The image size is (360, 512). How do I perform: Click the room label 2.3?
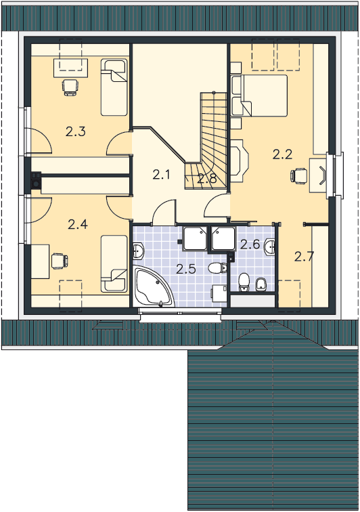(75, 131)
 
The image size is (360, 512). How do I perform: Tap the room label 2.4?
(78, 224)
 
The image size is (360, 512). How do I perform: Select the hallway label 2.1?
(161, 175)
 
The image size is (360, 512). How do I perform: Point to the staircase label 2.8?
(207, 179)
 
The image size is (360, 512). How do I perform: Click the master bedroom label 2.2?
(282, 154)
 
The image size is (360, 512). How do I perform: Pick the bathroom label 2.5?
(186, 269)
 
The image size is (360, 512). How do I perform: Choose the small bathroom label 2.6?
(250, 244)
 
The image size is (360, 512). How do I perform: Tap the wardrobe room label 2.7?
(305, 257)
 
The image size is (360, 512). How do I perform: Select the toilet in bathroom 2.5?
(218, 268)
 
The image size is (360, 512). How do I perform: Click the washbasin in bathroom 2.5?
(139, 251)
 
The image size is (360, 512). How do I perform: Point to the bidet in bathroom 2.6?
(261, 284)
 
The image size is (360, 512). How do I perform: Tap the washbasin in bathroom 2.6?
(270, 247)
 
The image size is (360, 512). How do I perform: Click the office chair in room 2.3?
(70, 87)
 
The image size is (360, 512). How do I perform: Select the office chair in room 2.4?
(60, 261)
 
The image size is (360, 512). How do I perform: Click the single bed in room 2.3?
(114, 87)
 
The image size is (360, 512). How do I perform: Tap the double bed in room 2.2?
(259, 95)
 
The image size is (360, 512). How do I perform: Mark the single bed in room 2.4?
(114, 263)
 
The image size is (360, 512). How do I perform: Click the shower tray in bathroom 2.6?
(223, 238)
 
